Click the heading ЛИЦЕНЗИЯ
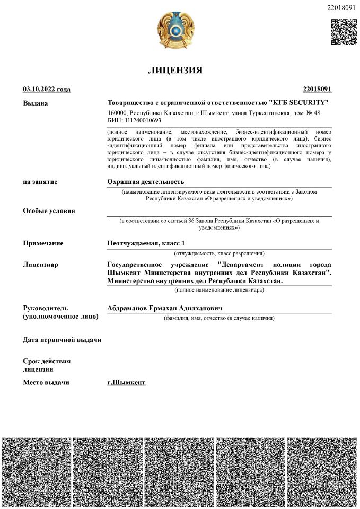[x=174, y=71]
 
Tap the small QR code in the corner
[x=344, y=31]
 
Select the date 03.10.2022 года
[x=47, y=90]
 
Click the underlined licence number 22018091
[x=317, y=90]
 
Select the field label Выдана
[x=36, y=103]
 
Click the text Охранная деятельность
[x=145, y=182]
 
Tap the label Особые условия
[x=49, y=210]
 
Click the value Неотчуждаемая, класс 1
[x=146, y=243]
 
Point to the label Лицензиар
[x=41, y=264]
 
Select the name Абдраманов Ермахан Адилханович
[x=164, y=308]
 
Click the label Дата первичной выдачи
[x=62, y=339]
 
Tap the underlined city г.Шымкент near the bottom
[x=126, y=382]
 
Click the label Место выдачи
[x=46, y=382]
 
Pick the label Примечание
[x=43, y=243]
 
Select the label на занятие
[x=40, y=182]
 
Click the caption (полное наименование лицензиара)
[x=219, y=290]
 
